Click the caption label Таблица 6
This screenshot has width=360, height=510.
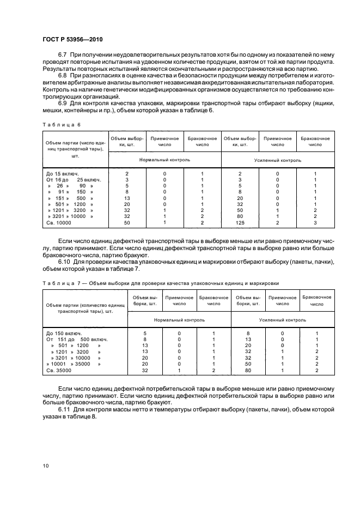[61, 124]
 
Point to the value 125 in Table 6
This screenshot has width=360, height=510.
[240, 223]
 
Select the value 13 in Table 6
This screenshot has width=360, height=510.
[126, 198]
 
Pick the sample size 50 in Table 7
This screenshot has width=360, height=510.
[248, 363]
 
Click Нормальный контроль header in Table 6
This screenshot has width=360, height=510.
[164, 161]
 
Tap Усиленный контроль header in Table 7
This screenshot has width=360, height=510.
[282, 320]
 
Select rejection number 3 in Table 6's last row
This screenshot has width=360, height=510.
[315, 223]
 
